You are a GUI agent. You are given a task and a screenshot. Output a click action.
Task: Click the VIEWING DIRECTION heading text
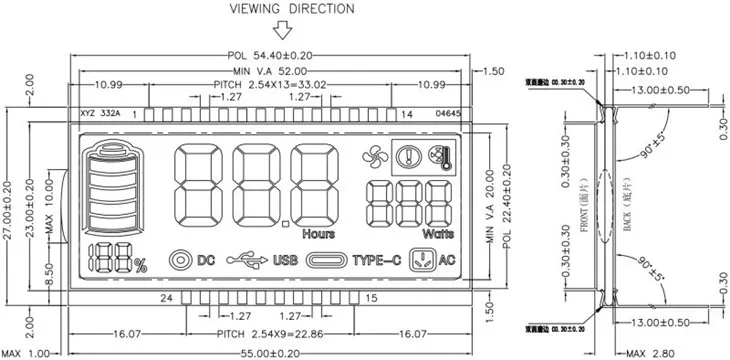coord(291,9)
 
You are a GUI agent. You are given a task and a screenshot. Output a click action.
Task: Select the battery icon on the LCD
coord(112,190)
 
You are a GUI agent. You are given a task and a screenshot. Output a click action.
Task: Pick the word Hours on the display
coord(319,234)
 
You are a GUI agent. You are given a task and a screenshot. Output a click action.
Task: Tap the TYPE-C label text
coord(376,260)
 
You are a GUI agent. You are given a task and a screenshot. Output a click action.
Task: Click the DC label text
coord(206,260)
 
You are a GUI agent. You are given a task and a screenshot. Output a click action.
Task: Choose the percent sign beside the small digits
coord(140,265)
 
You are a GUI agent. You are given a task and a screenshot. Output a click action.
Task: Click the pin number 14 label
coord(407,115)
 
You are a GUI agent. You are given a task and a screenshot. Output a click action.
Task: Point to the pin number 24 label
coord(167,298)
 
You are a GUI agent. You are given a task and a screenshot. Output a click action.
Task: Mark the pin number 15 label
coord(371,298)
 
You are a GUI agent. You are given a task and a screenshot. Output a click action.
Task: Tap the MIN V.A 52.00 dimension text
coord(270,71)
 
